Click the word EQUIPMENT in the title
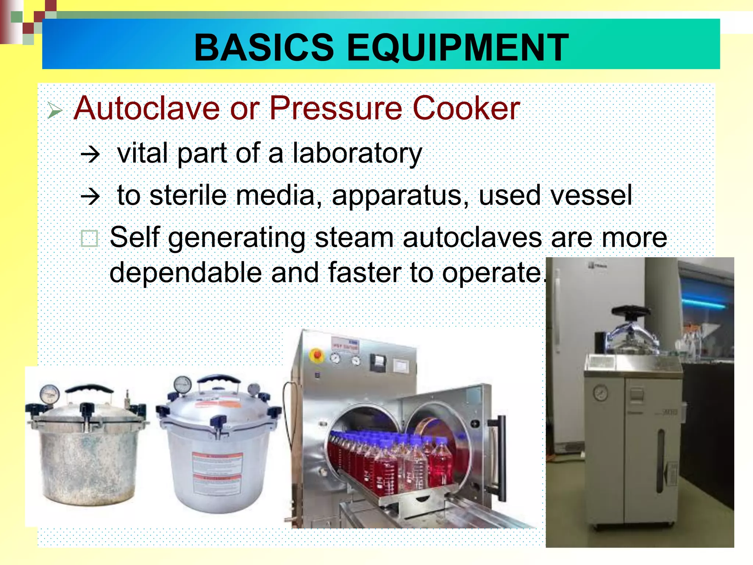click(458, 48)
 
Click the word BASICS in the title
click(264, 48)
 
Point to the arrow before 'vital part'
click(90, 154)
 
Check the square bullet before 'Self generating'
click(89, 238)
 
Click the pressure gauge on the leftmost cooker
click(49, 394)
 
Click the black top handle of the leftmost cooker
click(89, 389)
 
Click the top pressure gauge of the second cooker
click(182, 385)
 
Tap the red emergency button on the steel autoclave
click(317, 355)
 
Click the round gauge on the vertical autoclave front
click(600, 393)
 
